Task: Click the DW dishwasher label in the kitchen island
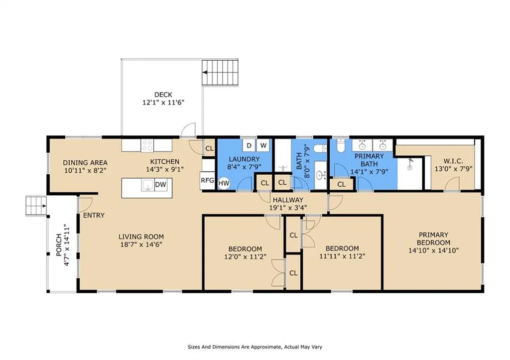click(160, 185)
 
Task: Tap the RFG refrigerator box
click(207, 180)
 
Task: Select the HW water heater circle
click(224, 183)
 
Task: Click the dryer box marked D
click(249, 145)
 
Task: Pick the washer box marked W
click(263, 145)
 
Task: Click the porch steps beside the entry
click(36, 206)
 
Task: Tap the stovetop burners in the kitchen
click(147, 145)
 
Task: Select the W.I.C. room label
click(453, 161)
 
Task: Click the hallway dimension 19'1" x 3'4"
click(288, 208)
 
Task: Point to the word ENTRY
click(94, 215)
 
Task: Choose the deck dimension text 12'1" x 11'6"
click(163, 103)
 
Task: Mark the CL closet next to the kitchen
click(210, 148)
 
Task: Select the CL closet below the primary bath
click(341, 184)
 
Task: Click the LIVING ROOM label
click(141, 237)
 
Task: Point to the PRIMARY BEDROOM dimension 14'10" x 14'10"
click(434, 250)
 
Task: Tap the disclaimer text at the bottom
click(255, 347)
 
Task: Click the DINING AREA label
click(85, 163)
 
